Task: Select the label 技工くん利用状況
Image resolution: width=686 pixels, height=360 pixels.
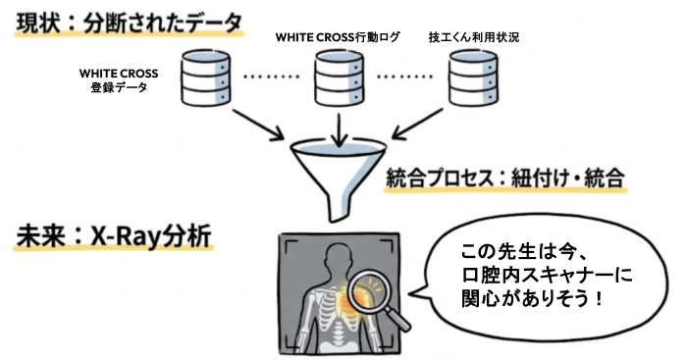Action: tap(474, 36)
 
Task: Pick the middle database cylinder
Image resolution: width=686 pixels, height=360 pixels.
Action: tap(339, 79)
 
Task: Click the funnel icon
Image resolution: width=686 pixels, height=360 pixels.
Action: tap(337, 175)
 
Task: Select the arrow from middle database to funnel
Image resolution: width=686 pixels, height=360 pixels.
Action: tap(337, 127)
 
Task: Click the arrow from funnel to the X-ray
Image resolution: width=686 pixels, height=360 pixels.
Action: tap(337, 213)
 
